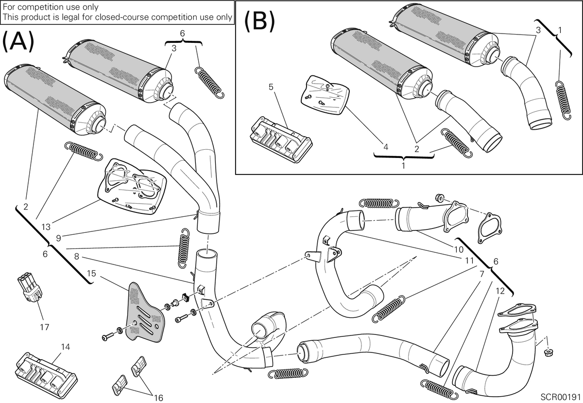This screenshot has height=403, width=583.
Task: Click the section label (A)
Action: click(x=18, y=41)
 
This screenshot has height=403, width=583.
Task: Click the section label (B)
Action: click(x=259, y=21)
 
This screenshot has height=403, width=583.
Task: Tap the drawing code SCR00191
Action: click(x=561, y=397)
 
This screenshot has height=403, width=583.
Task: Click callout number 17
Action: click(x=45, y=327)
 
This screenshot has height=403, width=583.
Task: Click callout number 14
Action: click(x=66, y=347)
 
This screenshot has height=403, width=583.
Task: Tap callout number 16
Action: click(x=158, y=398)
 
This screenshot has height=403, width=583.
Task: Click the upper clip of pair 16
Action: click(x=139, y=366)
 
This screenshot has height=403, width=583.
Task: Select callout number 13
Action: click(x=46, y=227)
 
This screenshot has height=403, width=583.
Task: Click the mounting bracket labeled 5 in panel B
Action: click(x=281, y=140)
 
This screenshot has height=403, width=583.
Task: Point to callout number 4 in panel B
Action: click(x=386, y=147)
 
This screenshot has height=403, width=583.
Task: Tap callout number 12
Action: click(x=500, y=291)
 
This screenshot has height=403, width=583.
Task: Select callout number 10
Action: click(x=459, y=249)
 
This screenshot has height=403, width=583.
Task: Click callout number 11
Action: click(x=469, y=261)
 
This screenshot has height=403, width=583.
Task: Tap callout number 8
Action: click(x=76, y=257)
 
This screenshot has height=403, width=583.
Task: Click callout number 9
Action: click(x=58, y=238)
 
